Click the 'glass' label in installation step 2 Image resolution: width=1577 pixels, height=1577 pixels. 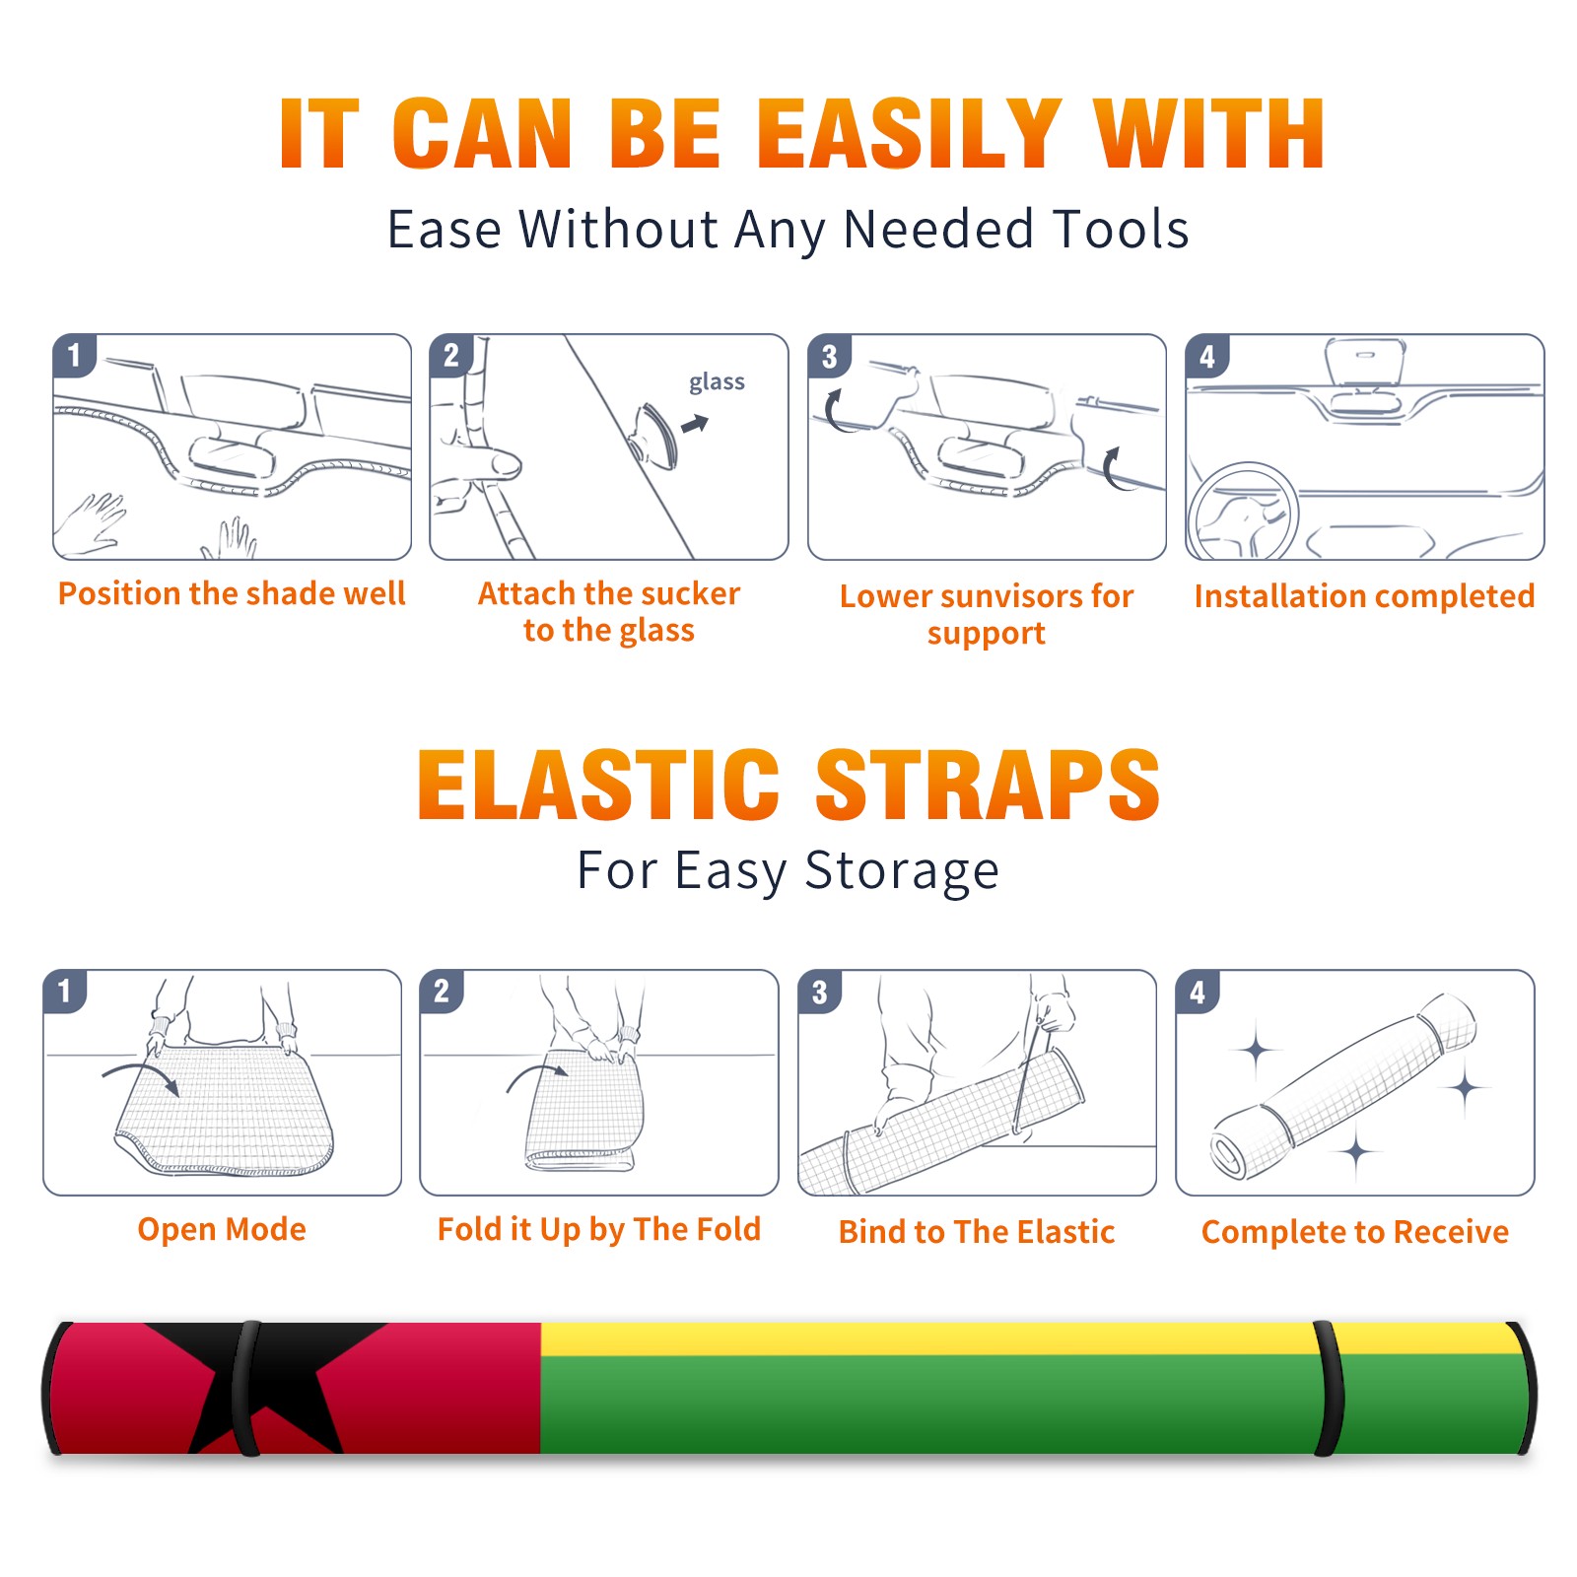[x=717, y=381]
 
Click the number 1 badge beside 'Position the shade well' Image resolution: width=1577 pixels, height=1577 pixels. [x=74, y=354]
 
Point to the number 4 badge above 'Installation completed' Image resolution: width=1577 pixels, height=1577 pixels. [x=1207, y=355]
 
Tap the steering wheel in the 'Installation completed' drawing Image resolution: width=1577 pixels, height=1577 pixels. [x=1243, y=513]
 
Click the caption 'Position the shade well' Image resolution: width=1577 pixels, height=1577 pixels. [x=232, y=593]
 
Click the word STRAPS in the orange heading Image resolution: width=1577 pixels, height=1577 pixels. [x=988, y=785]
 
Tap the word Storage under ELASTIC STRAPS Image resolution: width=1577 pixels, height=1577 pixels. [x=902, y=871]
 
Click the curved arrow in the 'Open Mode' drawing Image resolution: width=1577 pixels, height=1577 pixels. [x=141, y=1077]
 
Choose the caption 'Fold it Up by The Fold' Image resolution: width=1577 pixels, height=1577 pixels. [x=599, y=1229]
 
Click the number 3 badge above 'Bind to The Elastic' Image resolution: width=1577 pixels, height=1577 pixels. [x=820, y=992]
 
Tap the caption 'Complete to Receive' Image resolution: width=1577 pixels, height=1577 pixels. [x=1355, y=1232]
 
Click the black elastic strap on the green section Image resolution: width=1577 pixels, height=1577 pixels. [x=1329, y=1388]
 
